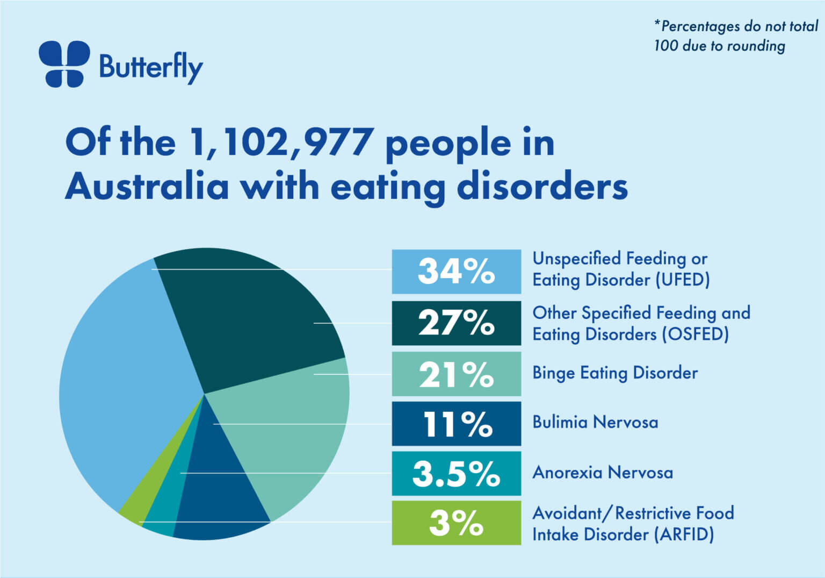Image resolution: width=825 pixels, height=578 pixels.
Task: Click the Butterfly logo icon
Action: (x=64, y=64)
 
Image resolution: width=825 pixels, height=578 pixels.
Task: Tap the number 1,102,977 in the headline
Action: (x=281, y=143)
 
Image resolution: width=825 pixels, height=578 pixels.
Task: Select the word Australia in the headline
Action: (x=147, y=187)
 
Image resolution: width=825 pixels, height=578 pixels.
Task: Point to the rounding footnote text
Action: (x=735, y=36)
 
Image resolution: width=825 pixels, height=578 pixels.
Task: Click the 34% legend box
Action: (x=456, y=272)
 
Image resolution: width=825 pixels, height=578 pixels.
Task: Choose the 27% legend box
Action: (x=456, y=323)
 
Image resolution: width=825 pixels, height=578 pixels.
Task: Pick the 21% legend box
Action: (x=456, y=374)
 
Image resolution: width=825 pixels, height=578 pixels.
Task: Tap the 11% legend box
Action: (x=456, y=424)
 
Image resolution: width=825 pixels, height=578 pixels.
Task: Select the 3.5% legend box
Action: (x=456, y=474)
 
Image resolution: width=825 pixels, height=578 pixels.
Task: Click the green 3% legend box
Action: (x=456, y=523)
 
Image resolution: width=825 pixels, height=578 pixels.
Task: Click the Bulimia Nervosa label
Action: (x=595, y=423)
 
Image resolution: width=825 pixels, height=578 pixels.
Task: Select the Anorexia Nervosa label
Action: (x=602, y=473)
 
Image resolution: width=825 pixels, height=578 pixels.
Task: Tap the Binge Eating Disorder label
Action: (x=615, y=373)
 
